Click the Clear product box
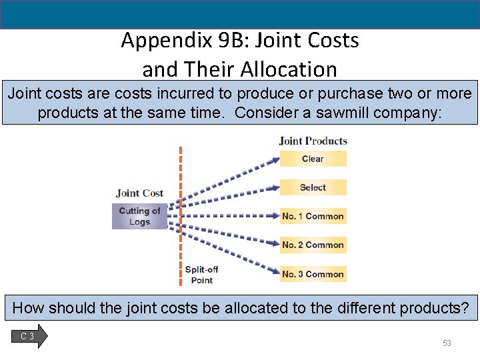click(x=313, y=159)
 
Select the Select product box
click(x=313, y=187)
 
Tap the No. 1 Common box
click(x=313, y=216)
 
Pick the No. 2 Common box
click(x=313, y=245)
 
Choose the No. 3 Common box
click(x=313, y=273)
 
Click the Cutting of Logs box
click(x=139, y=217)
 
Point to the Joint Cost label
click(x=139, y=193)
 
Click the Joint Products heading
click(x=313, y=141)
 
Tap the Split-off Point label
click(x=201, y=275)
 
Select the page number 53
click(x=447, y=343)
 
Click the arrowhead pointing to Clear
click(x=275, y=159)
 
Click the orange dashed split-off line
click(x=180, y=213)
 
